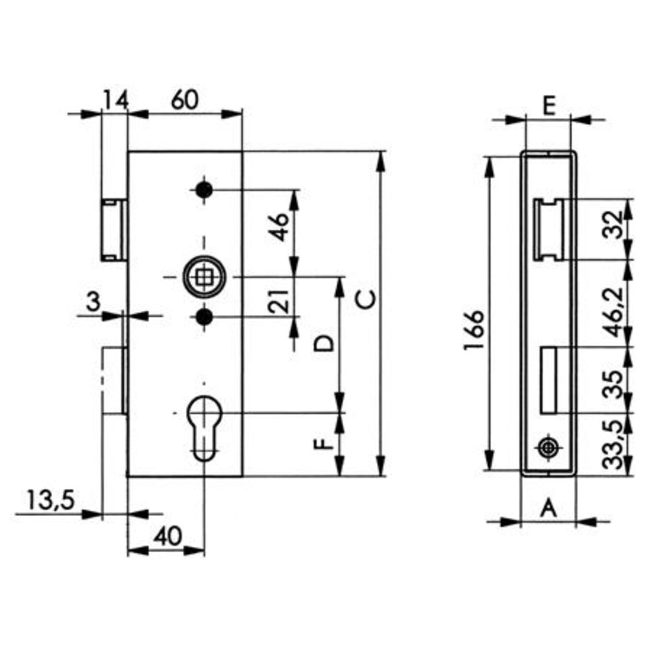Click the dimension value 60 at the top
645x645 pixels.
(184, 100)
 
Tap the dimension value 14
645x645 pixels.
(115, 100)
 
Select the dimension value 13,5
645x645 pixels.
(50, 501)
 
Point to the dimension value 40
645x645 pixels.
(168, 537)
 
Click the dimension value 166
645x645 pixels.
(474, 330)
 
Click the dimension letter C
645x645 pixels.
(366, 299)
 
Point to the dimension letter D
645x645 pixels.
(323, 344)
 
